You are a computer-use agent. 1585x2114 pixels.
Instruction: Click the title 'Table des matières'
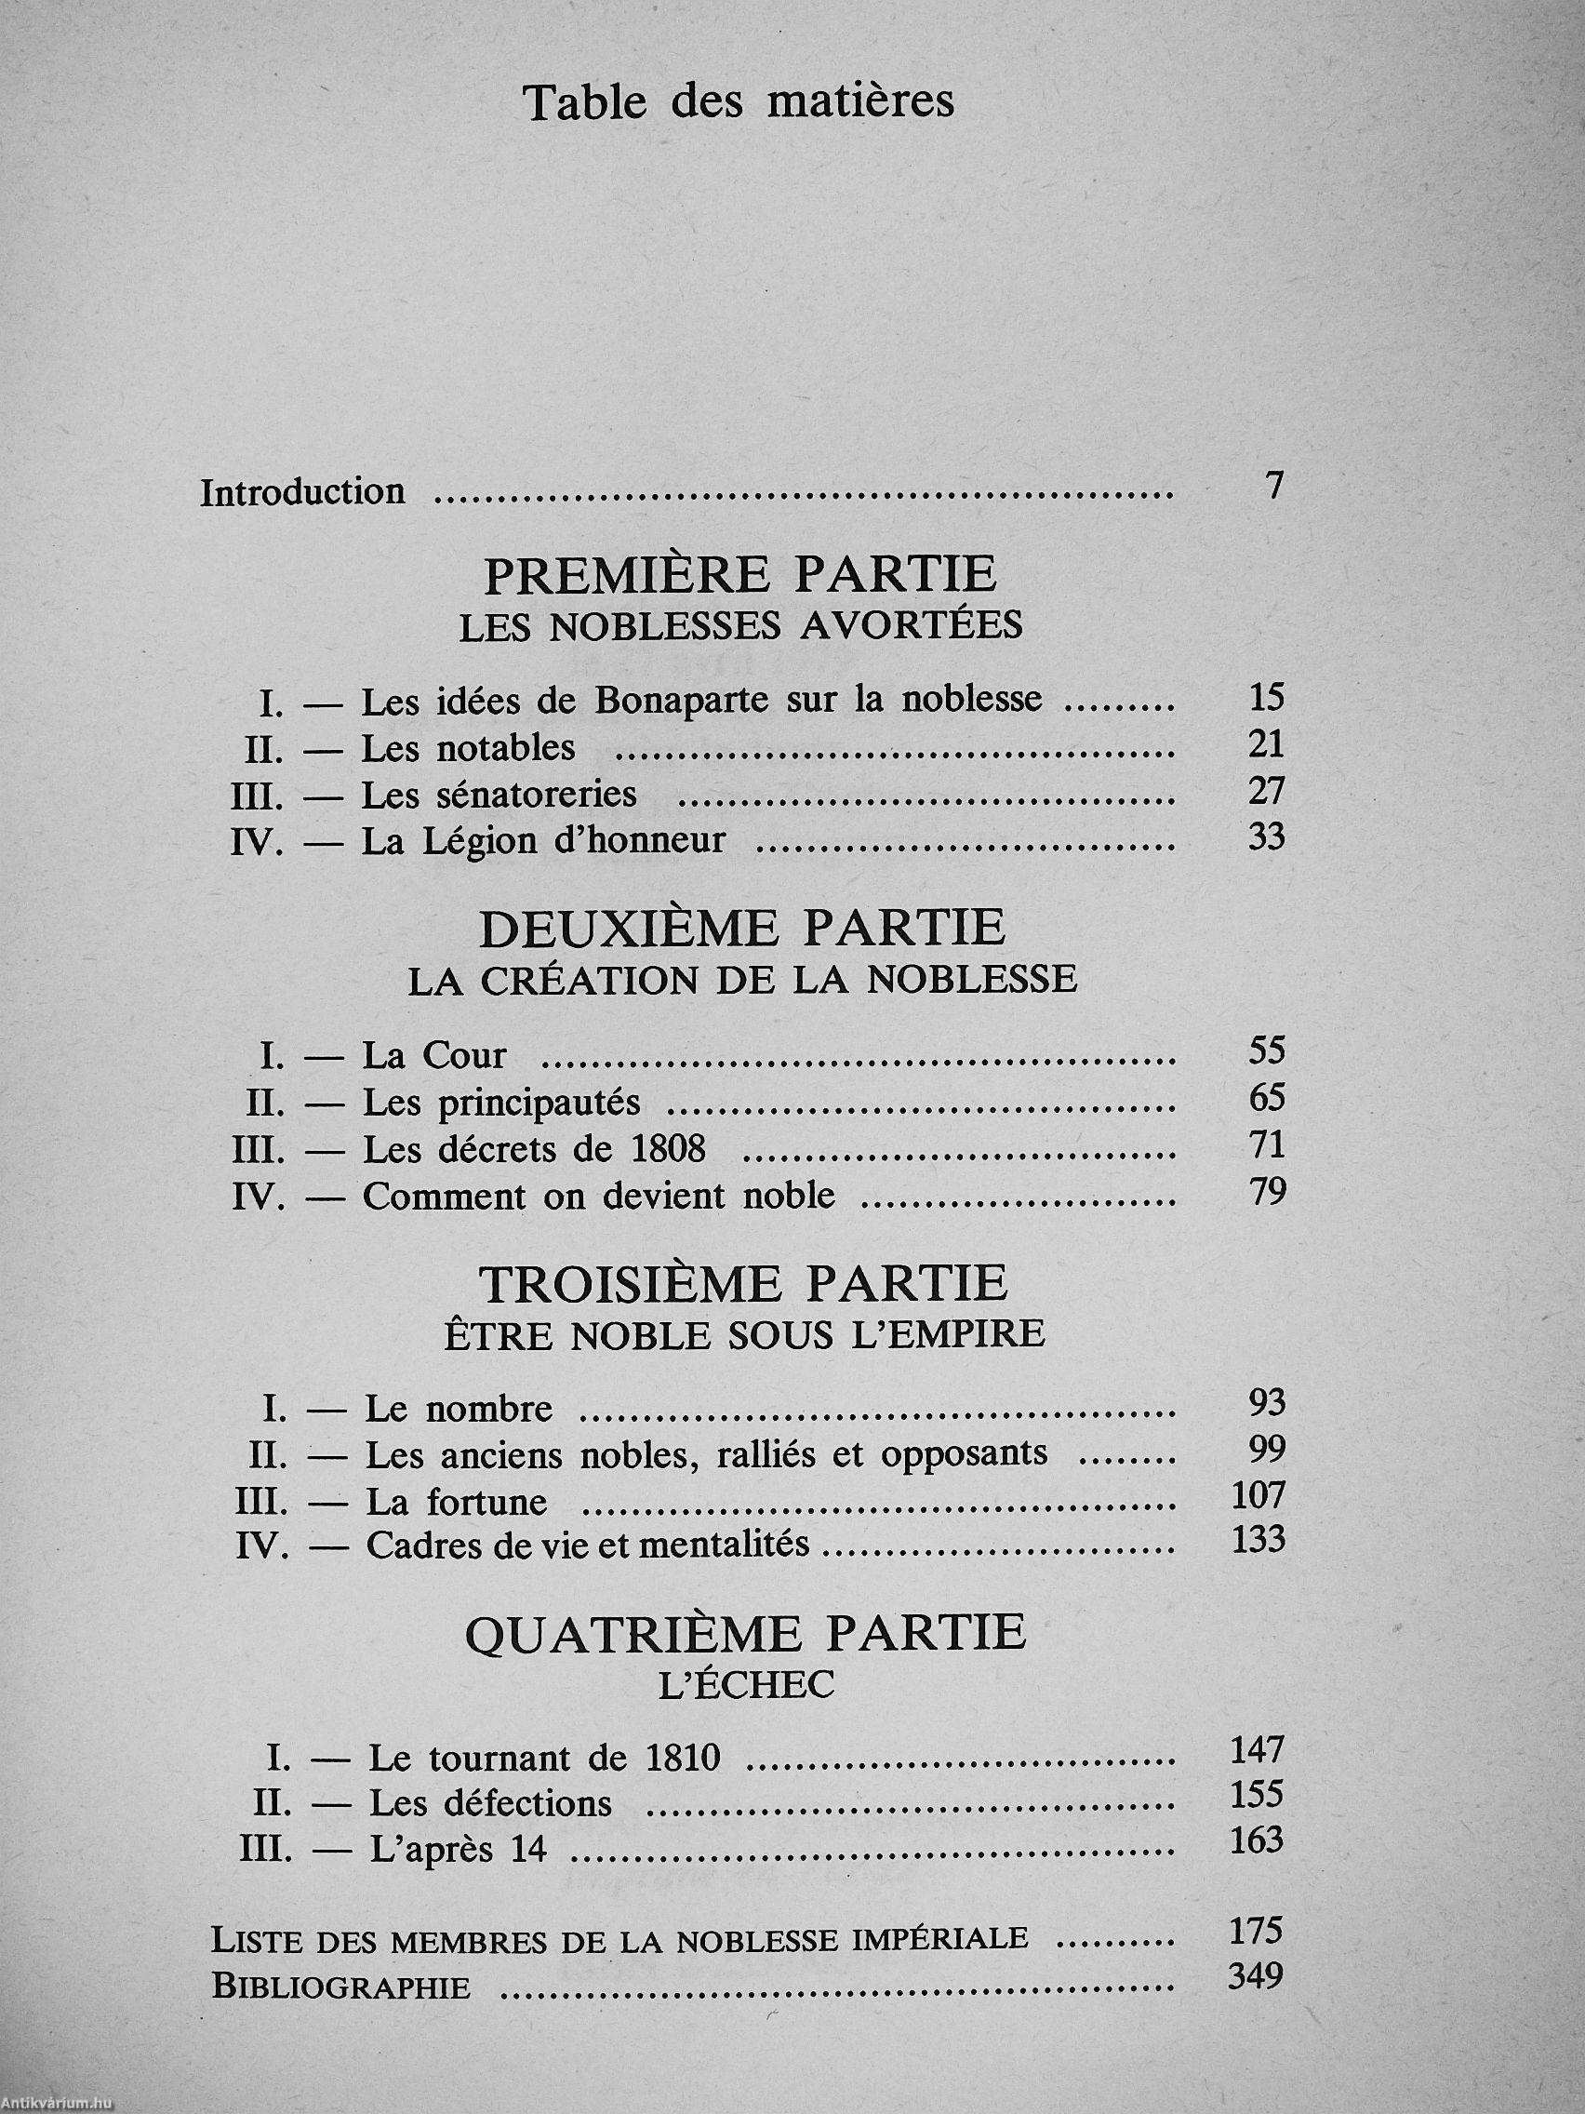[x=739, y=102]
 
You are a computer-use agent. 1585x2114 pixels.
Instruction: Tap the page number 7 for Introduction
[x=1272, y=488]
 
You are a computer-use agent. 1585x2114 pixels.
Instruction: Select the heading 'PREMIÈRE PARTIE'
[x=740, y=576]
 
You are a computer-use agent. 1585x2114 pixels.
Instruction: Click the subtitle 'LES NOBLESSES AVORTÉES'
[x=740, y=627]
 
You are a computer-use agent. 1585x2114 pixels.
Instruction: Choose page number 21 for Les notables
[x=1266, y=744]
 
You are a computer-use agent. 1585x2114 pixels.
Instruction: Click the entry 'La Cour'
[x=433, y=1055]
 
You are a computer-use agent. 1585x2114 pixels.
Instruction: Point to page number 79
[x=1268, y=1193]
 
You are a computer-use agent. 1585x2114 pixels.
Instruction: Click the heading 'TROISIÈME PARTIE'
[x=743, y=1283]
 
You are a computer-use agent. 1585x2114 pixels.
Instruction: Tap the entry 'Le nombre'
[x=459, y=1409]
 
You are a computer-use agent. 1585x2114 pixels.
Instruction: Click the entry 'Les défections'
[x=490, y=1803]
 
